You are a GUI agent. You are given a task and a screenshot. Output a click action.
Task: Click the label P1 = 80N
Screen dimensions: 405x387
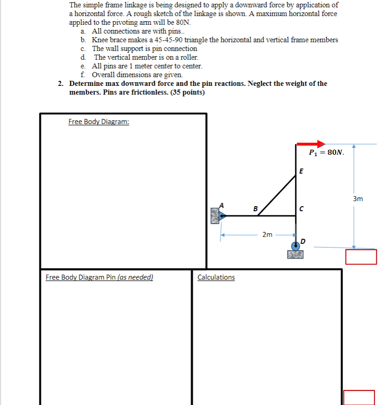tap(326, 152)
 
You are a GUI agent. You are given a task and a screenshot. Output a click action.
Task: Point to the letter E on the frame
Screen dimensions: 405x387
tap(301, 171)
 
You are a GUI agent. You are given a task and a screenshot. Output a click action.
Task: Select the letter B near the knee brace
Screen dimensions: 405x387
tap(255, 209)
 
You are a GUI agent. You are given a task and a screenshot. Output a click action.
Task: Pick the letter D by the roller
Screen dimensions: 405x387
tap(303, 241)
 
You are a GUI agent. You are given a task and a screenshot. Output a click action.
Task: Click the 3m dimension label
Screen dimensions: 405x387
tap(358, 199)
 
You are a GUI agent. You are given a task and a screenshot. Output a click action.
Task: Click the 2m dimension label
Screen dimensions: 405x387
tap(268, 235)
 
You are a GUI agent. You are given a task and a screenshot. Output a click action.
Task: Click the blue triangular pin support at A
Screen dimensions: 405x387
tap(222, 215)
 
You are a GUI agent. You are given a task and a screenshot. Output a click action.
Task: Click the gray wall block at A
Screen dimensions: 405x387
tap(215, 215)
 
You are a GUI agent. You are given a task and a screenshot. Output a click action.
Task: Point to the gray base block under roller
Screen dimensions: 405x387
tap(295, 254)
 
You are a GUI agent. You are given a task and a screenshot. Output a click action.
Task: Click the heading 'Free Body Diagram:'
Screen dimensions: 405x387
tap(98, 122)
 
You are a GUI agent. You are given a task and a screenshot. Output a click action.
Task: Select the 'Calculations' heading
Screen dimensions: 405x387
tap(216, 277)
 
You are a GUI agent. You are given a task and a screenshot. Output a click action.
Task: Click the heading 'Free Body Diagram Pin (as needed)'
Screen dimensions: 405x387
tap(99, 277)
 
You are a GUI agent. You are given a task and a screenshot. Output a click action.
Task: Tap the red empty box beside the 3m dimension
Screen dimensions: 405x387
tap(361, 257)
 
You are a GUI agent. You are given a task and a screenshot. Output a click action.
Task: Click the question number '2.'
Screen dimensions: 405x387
tap(61, 84)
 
